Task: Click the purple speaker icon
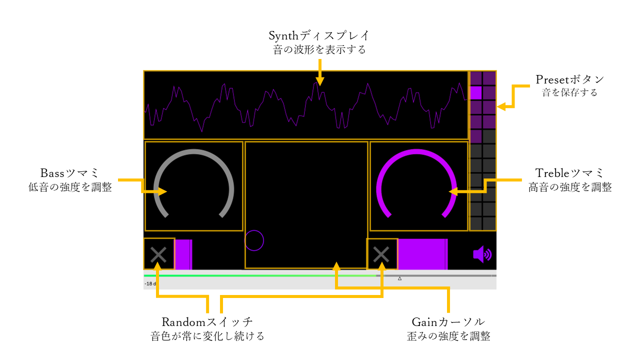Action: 482,254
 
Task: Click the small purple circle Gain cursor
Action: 254,240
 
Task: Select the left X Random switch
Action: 159,254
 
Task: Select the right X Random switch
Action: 381,254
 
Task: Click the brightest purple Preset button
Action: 476,92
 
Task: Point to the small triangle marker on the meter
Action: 399,278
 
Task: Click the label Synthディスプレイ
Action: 319,36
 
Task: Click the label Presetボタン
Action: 570,80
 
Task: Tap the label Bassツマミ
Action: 70,173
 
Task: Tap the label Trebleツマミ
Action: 569,173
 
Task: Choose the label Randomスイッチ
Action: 207,321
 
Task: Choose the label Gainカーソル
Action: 448,321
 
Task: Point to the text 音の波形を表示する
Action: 319,50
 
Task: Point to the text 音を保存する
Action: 570,92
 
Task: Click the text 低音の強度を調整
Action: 70,187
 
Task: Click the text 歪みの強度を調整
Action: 448,336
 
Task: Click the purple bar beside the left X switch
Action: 183,254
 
